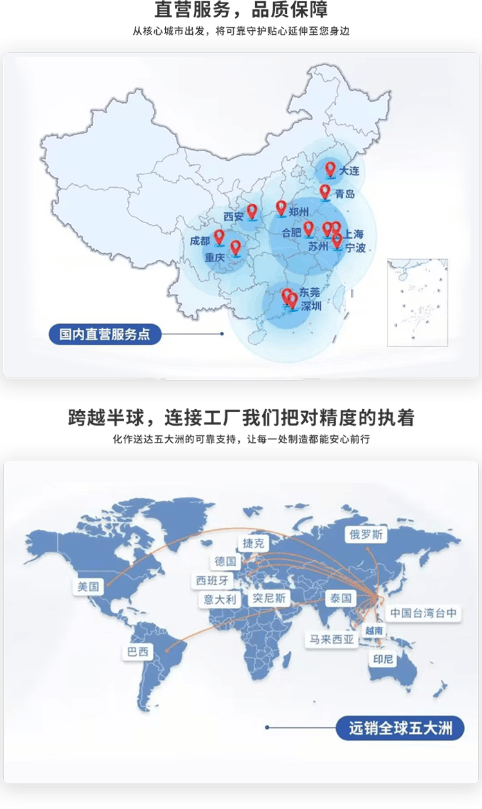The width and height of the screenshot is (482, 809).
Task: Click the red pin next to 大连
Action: click(330, 169)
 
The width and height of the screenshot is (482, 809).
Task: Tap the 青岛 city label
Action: click(345, 194)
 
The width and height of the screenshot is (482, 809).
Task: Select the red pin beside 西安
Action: click(253, 211)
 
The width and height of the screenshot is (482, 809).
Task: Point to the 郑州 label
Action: click(299, 212)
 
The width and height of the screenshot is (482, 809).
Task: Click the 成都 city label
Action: click(200, 241)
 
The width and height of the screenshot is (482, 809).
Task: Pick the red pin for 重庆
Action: click(235, 248)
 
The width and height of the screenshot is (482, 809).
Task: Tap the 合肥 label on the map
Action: click(292, 232)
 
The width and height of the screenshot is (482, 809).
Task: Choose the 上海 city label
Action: click(354, 234)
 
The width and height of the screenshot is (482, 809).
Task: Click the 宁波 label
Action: click(355, 248)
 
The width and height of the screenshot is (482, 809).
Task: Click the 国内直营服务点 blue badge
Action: click(105, 334)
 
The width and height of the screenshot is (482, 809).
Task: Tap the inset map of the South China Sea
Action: click(417, 302)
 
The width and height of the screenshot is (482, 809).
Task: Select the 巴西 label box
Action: click(138, 651)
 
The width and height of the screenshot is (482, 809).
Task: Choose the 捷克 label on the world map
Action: click(253, 543)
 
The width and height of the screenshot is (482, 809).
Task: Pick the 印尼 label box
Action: click(383, 659)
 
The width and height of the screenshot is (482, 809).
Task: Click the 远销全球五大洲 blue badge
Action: click(400, 728)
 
